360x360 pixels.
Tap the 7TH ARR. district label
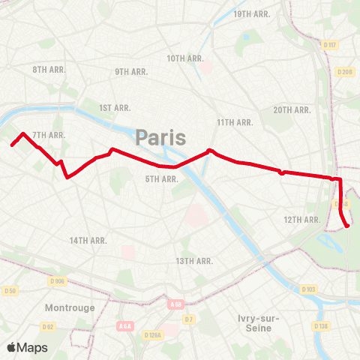click(x=49, y=135)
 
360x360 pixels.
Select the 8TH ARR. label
click(x=49, y=69)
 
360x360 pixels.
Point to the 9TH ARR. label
click(x=131, y=71)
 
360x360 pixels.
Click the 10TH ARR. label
click(x=184, y=58)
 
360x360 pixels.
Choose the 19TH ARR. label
click(x=252, y=14)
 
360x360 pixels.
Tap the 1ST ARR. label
click(x=115, y=108)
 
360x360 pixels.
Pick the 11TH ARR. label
click(x=232, y=121)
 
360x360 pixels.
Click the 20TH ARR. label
click(x=292, y=109)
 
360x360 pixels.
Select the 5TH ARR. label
click(x=161, y=178)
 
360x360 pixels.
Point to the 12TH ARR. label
click(x=302, y=219)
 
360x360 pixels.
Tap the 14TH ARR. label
click(x=88, y=240)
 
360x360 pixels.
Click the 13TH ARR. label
click(x=194, y=260)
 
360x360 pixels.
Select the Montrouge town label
click(x=70, y=307)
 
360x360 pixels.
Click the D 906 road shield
click(x=58, y=280)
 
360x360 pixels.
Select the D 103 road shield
click(x=308, y=289)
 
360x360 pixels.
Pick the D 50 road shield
click(x=10, y=290)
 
